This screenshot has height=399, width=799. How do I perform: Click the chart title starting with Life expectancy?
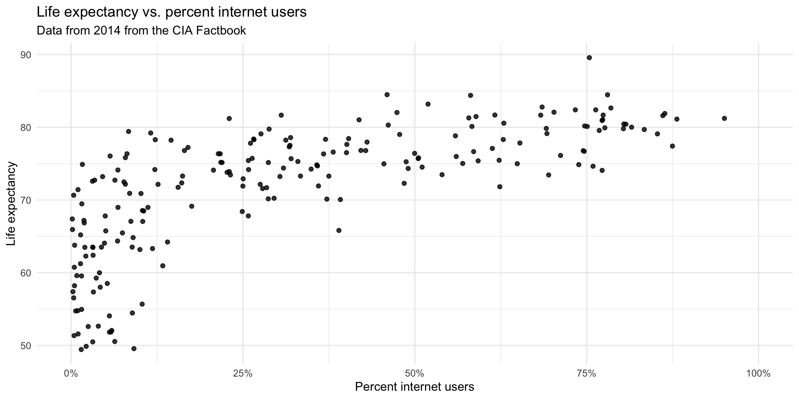(x=171, y=12)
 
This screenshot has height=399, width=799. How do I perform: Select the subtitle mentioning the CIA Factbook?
(x=141, y=31)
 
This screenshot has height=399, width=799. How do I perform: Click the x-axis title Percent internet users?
(x=414, y=387)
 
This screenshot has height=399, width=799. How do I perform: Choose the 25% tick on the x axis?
(x=243, y=373)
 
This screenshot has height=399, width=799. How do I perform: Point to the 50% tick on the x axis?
(x=414, y=373)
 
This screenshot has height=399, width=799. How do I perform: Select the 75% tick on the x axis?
(x=586, y=373)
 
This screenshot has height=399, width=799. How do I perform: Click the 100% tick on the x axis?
(x=758, y=373)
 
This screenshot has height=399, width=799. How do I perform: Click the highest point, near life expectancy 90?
(x=589, y=58)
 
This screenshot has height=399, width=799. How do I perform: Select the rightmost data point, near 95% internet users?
(x=724, y=118)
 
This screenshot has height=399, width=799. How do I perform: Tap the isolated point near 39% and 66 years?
(x=339, y=230)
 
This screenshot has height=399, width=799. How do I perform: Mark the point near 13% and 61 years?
(x=163, y=266)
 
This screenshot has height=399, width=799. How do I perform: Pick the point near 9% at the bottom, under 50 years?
(x=134, y=348)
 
